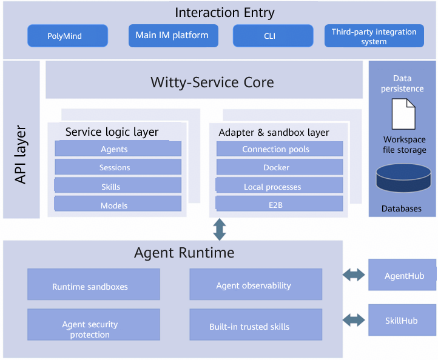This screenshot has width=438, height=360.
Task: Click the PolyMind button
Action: coord(67,36)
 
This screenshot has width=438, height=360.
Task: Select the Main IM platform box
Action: coord(173,36)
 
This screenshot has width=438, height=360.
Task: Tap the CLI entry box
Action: coord(273,36)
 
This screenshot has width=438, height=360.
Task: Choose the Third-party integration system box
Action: coord(374,36)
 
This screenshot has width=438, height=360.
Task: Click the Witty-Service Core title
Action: coord(212,82)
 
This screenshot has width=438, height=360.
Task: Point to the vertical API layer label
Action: coord(21,155)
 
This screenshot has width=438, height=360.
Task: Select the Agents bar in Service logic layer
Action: coord(118,148)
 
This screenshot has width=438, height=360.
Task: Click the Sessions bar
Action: coord(118,167)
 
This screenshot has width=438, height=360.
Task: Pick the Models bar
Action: coord(118,204)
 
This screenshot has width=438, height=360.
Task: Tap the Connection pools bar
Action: coord(280,148)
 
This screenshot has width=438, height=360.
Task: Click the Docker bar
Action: coord(280,167)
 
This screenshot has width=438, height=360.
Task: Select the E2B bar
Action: coord(279,204)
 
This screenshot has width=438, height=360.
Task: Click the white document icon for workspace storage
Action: coord(403,114)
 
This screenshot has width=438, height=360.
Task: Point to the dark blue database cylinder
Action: coord(403,178)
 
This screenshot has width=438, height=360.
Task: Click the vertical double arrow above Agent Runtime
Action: coord(220,230)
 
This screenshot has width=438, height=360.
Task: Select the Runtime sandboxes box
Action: coord(93,284)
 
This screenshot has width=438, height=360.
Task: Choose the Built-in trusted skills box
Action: coord(255,325)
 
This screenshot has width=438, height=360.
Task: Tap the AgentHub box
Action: coord(402,275)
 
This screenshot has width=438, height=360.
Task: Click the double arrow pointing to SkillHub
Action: coord(354,320)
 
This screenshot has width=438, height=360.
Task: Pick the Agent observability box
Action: coord(255,284)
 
